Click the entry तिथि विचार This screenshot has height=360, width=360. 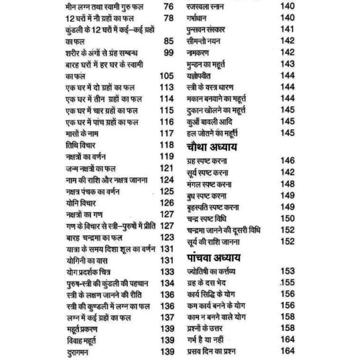click(x=77, y=145)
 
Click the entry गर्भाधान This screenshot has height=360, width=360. click(x=198, y=18)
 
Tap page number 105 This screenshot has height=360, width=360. click(x=166, y=76)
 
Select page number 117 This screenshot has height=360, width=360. click(x=166, y=134)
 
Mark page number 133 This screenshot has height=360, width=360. click(x=166, y=271)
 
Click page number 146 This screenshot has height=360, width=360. click(x=287, y=161)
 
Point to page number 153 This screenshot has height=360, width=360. click(x=287, y=271)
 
